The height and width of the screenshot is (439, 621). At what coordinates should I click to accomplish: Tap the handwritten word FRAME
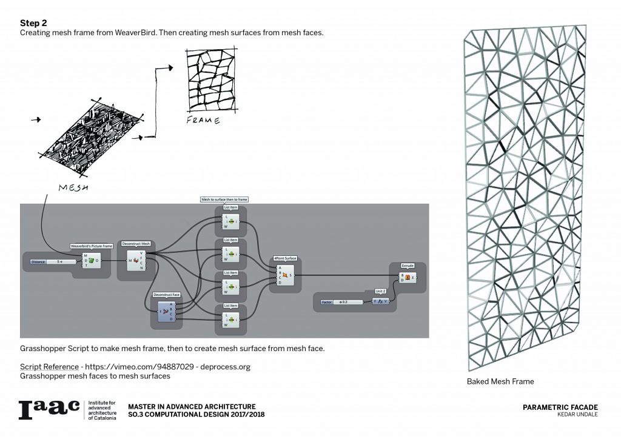tap(203, 121)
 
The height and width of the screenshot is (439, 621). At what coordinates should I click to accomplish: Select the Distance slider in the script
tap(53, 261)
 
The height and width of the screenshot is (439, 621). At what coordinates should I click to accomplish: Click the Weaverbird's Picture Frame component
tap(92, 261)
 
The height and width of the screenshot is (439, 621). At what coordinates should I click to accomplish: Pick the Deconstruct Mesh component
tap(135, 261)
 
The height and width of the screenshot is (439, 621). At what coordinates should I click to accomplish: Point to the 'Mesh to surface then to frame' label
tap(224, 199)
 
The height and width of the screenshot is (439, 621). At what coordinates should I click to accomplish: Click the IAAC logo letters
tap(49, 409)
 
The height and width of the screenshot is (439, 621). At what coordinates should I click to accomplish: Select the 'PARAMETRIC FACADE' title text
tap(560, 407)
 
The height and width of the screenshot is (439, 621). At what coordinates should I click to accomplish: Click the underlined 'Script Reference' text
tap(49, 367)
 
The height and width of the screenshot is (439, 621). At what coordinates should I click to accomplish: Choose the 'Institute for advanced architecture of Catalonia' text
tap(103, 410)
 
